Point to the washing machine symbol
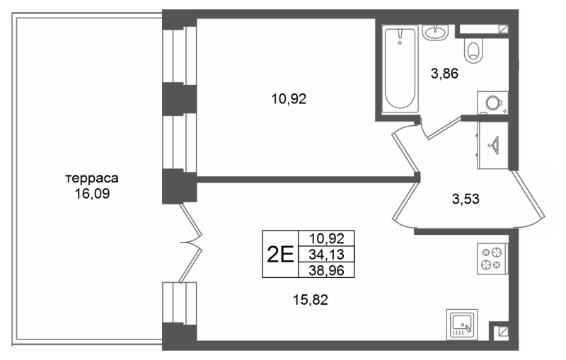[x=490, y=103]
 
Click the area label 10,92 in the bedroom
[x=288, y=99]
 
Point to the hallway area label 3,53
[x=466, y=199]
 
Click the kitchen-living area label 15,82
[x=311, y=300]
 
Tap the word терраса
[x=88, y=178]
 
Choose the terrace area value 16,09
[x=88, y=192]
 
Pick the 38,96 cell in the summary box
[x=327, y=269]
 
